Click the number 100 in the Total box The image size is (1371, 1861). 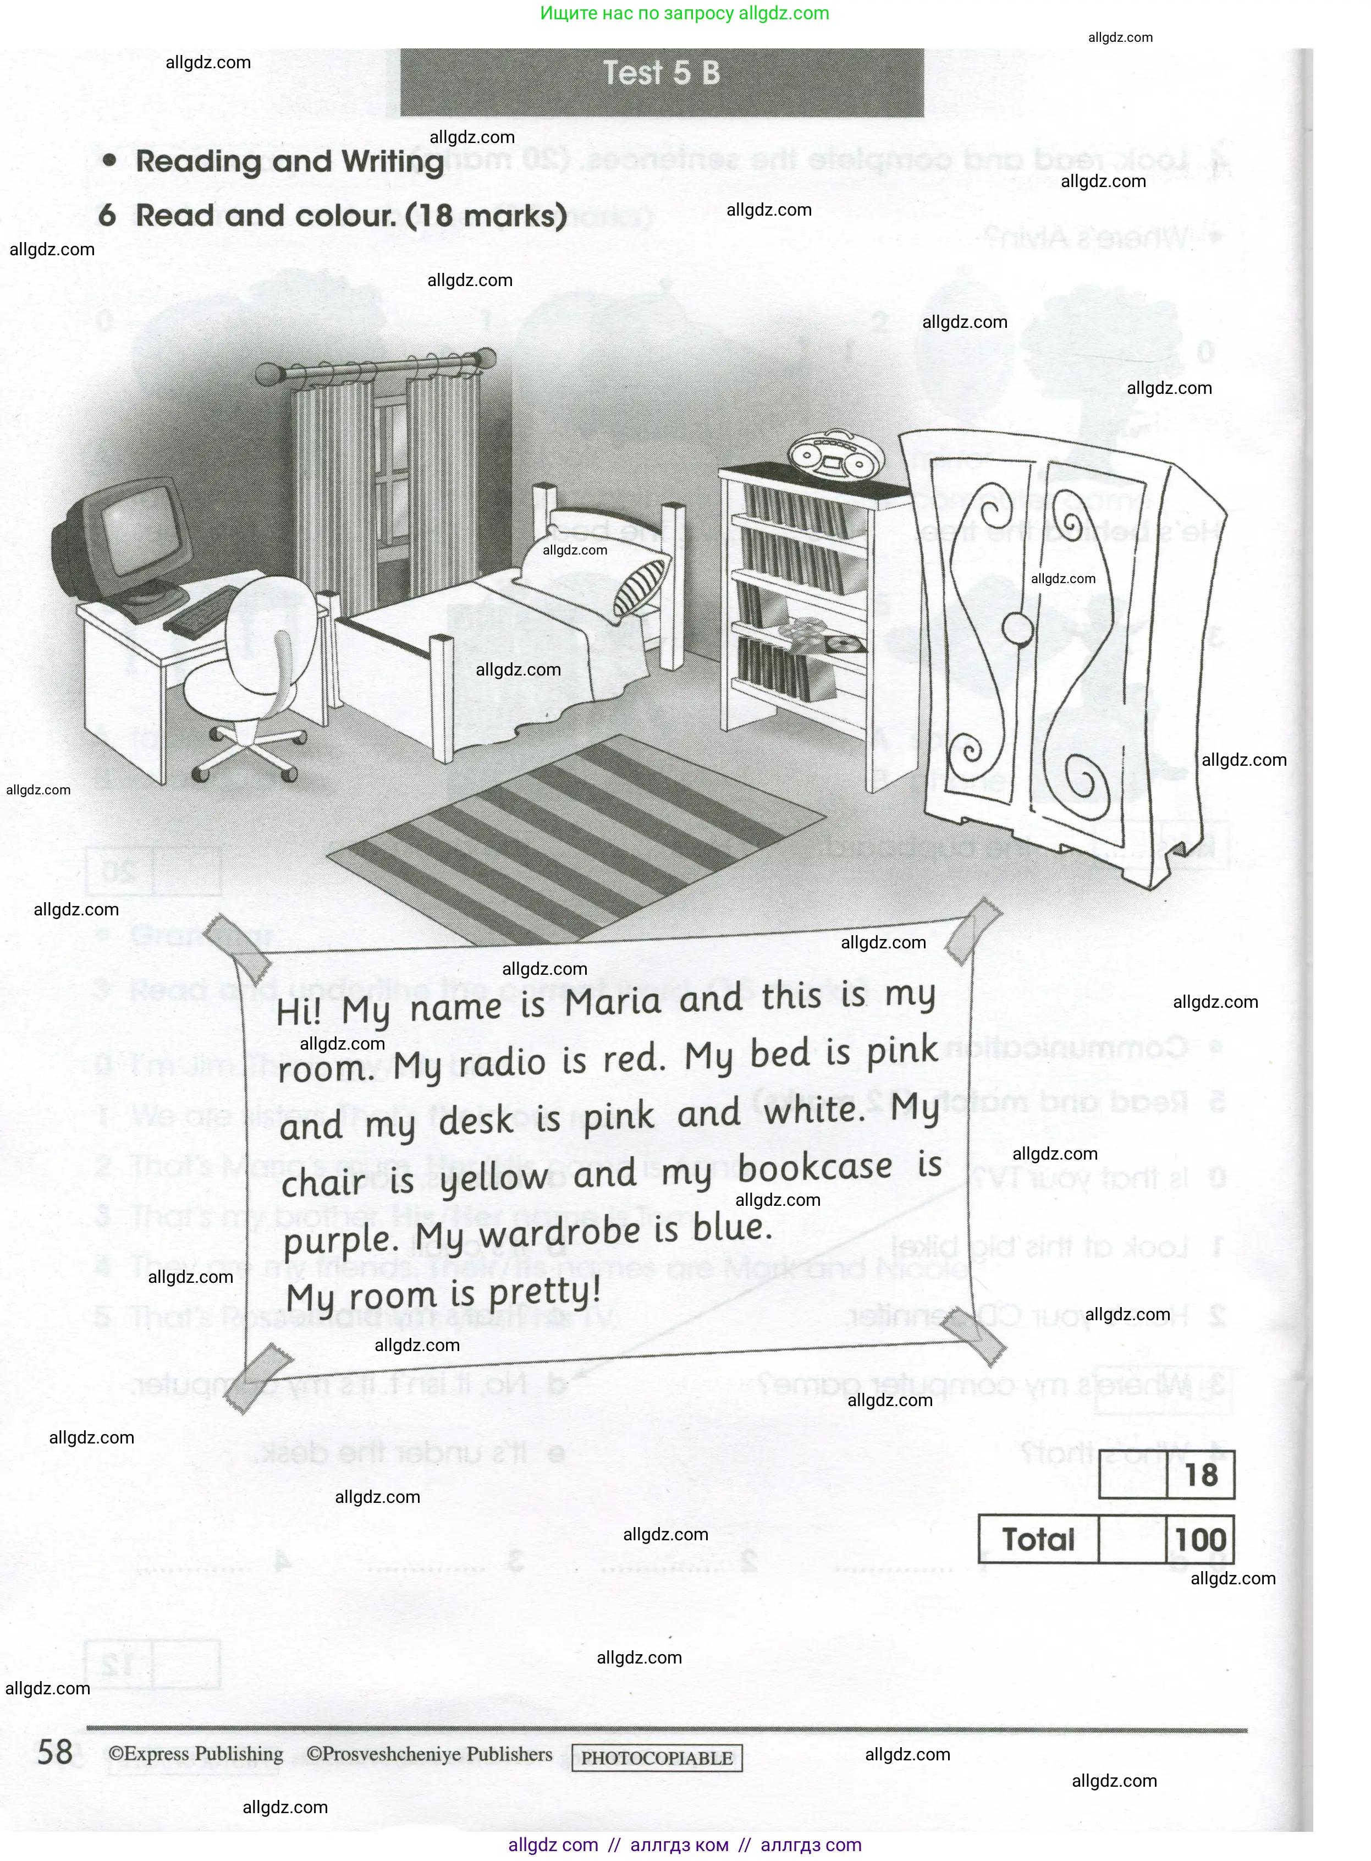[1200, 1540]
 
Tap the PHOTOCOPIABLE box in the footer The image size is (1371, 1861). [657, 1757]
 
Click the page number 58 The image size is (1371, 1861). [56, 1752]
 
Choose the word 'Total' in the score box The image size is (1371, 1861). [1038, 1540]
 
